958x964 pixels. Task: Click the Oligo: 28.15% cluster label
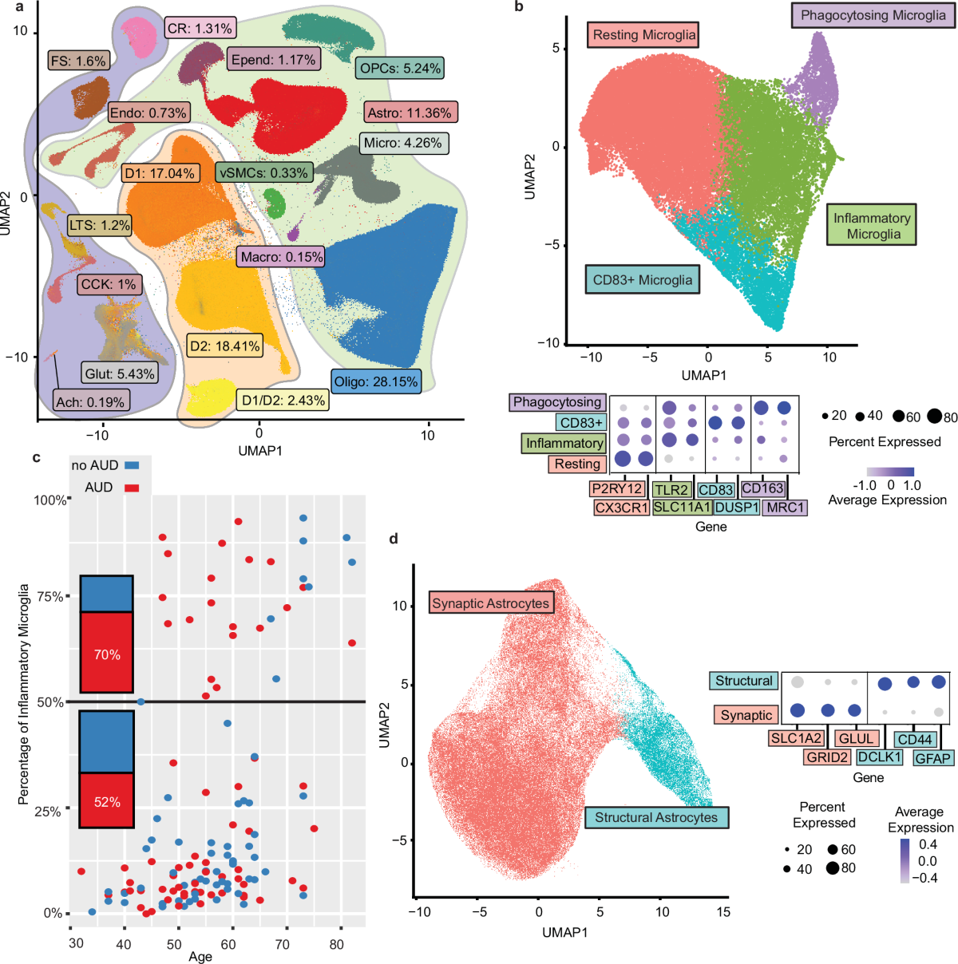coord(376,381)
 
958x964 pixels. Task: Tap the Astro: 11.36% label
coord(410,113)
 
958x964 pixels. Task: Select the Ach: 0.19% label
coord(90,401)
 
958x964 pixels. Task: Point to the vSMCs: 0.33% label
coord(263,172)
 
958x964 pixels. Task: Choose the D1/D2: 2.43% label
coord(283,400)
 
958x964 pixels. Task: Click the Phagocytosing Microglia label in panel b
coord(873,15)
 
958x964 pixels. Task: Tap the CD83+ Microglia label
coord(642,280)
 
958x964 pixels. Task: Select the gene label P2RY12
coord(617,488)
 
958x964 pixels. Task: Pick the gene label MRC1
coord(786,508)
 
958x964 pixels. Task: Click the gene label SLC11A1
coord(682,508)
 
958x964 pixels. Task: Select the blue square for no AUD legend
coord(133,464)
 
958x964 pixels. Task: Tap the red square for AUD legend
coord(133,487)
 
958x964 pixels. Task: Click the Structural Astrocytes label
coord(656,817)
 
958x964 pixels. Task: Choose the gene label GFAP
coord(932,757)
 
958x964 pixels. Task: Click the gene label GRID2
coord(826,757)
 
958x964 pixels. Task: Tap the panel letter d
coord(393,539)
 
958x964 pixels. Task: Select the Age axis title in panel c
coord(200,956)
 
